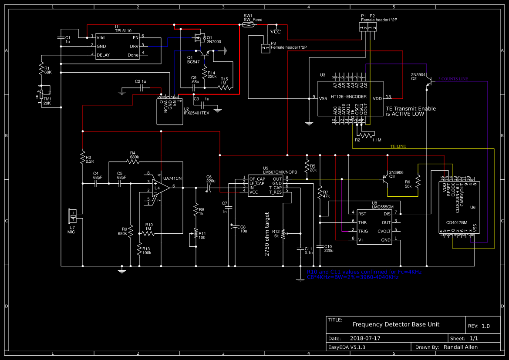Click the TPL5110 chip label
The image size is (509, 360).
click(123, 31)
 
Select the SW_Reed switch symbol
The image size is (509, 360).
click(248, 25)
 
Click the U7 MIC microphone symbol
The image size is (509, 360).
click(73, 216)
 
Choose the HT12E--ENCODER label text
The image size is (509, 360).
click(348, 97)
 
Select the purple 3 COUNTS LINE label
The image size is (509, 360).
click(453, 79)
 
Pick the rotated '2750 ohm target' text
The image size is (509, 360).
click(267, 234)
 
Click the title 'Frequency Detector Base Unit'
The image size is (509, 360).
click(396, 324)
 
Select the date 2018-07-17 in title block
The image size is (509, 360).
click(365, 338)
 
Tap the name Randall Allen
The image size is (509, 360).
click(460, 347)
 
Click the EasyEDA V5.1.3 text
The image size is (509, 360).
click(347, 347)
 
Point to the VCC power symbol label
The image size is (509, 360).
click(275, 32)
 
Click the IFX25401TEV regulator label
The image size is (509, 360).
click(196, 113)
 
